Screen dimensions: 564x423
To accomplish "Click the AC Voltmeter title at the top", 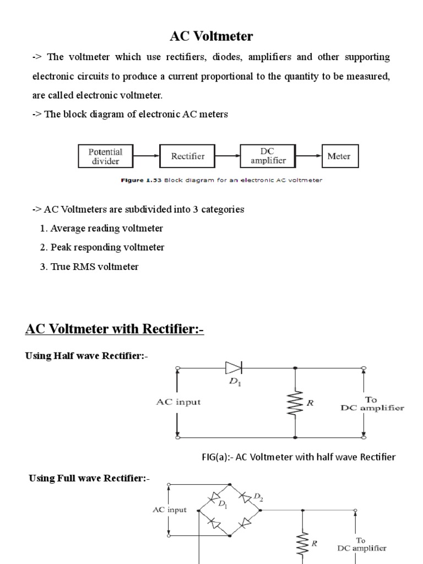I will (211, 37).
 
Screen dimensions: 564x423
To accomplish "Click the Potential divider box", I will (105, 156).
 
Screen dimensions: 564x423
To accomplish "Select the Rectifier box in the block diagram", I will (188, 156).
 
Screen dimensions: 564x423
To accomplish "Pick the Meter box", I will (339, 156).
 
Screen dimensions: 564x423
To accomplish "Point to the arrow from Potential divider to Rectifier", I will (147, 156).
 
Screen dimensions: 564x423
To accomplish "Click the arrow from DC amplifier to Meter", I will (310, 156).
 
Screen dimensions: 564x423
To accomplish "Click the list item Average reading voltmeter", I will (101, 228).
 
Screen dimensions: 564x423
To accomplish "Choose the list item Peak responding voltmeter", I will (102, 247).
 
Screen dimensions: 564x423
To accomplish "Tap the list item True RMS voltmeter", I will (89, 267).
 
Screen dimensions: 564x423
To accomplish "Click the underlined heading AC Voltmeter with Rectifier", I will (115, 329).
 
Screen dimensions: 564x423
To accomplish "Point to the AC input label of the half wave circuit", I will (177, 402).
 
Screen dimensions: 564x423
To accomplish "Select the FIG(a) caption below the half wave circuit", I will (297, 457).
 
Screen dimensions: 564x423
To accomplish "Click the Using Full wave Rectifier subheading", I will (89, 478).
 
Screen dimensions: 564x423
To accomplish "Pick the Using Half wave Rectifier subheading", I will (86, 356).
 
